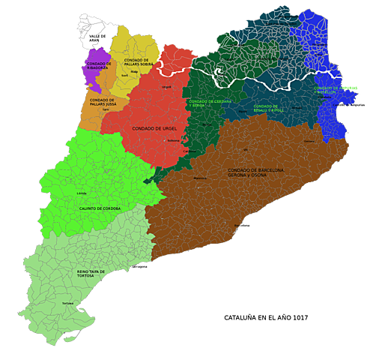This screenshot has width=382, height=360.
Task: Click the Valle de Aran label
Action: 97,38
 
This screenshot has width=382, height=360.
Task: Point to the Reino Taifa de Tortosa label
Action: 91,274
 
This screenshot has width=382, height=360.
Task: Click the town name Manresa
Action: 200,178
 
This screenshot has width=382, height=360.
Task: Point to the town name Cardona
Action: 189,150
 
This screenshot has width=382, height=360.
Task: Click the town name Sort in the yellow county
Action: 124,76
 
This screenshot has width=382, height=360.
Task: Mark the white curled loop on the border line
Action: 219,73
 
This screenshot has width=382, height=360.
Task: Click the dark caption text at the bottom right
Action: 266,318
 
